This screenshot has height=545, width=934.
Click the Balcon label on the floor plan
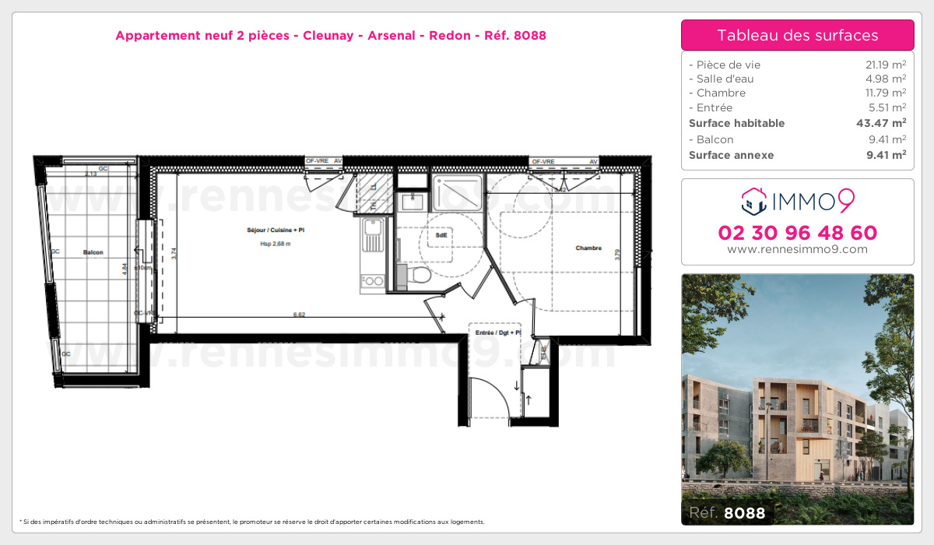click(93, 252)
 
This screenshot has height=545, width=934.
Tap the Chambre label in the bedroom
click(588, 248)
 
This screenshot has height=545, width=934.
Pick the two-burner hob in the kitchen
click(374, 280)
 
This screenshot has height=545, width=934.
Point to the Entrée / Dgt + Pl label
click(497, 333)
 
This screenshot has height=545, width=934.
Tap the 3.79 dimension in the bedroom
click(617, 252)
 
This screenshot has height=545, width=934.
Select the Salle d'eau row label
click(722, 79)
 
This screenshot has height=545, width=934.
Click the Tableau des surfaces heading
click(797, 35)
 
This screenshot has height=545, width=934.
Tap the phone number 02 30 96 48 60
click(797, 233)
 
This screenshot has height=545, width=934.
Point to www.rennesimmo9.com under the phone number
click(797, 249)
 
